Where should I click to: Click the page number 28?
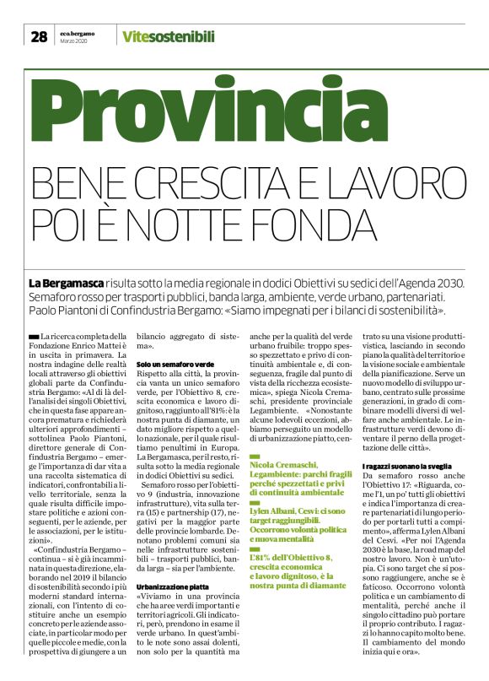click(x=39, y=36)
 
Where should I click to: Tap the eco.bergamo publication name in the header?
click(x=78, y=33)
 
